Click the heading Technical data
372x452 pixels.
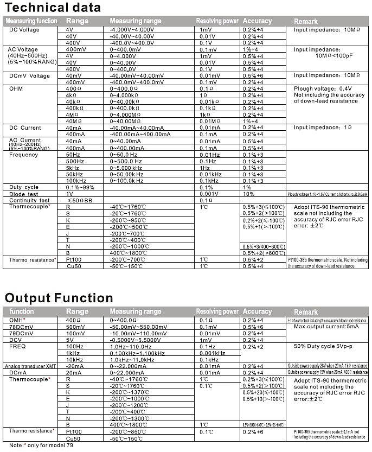(53, 8)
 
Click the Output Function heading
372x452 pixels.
(59, 297)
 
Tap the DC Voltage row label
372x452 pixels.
(25, 29)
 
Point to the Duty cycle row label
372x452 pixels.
(24, 187)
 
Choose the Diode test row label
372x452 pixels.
(24, 194)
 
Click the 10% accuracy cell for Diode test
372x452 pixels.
(248, 194)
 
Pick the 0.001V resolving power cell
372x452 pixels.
(209, 194)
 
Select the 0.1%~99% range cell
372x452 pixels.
(80, 187)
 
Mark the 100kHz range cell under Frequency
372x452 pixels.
(75, 181)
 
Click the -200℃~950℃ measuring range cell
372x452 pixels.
(127, 220)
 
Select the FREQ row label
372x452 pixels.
(17, 346)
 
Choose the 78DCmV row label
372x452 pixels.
(21, 327)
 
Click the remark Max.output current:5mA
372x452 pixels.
(325, 327)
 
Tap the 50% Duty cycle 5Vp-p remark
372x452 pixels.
(324, 346)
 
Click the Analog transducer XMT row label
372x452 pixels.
(31, 366)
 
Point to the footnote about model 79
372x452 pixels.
(39, 445)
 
